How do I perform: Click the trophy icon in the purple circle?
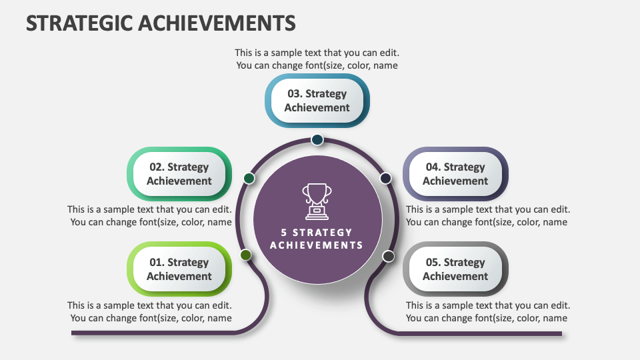coord(317,201)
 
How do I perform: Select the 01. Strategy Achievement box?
coord(179,269)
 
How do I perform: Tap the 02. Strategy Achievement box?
coord(179,174)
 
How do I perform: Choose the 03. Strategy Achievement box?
coord(317,101)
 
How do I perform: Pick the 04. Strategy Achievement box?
coord(455,174)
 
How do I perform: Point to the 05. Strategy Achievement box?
coord(455,269)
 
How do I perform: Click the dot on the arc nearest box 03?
coord(317,139)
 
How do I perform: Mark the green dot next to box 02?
coord(249,178)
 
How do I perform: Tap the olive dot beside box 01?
coord(245,255)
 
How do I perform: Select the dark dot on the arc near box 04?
coord(385,178)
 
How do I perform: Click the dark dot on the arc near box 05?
coord(389,256)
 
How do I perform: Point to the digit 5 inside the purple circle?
coord(285,233)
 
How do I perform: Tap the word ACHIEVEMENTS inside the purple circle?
coord(317,245)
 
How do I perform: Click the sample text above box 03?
coord(317,59)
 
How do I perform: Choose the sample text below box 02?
coord(150,215)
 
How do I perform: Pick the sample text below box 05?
coord(488,311)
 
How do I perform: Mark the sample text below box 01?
coord(150,311)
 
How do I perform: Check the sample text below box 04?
coord(488,215)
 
